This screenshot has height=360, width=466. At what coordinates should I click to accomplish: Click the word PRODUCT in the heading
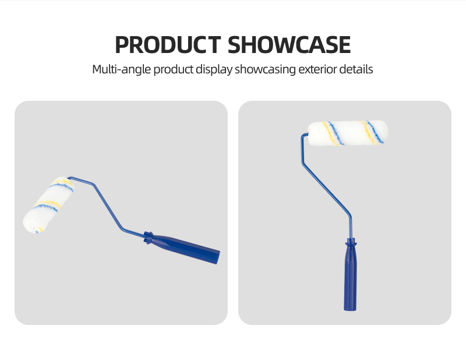(168, 45)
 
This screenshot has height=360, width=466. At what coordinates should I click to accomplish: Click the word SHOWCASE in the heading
(289, 45)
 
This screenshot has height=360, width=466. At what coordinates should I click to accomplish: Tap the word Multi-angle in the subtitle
(122, 69)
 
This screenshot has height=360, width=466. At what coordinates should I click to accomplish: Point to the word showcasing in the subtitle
(265, 69)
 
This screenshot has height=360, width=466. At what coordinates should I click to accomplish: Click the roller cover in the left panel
(48, 205)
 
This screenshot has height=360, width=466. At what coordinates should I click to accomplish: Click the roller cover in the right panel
(348, 133)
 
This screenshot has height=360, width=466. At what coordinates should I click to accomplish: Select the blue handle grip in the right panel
(351, 275)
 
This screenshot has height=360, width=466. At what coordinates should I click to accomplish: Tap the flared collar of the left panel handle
(148, 237)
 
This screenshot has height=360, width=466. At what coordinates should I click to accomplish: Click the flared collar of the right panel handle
(351, 243)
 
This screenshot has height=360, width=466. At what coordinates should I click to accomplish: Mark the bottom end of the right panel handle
(350, 310)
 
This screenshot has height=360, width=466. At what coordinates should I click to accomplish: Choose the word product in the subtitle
(173, 69)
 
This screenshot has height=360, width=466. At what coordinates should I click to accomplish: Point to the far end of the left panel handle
(218, 257)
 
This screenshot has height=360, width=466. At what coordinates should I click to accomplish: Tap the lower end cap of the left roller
(30, 225)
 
